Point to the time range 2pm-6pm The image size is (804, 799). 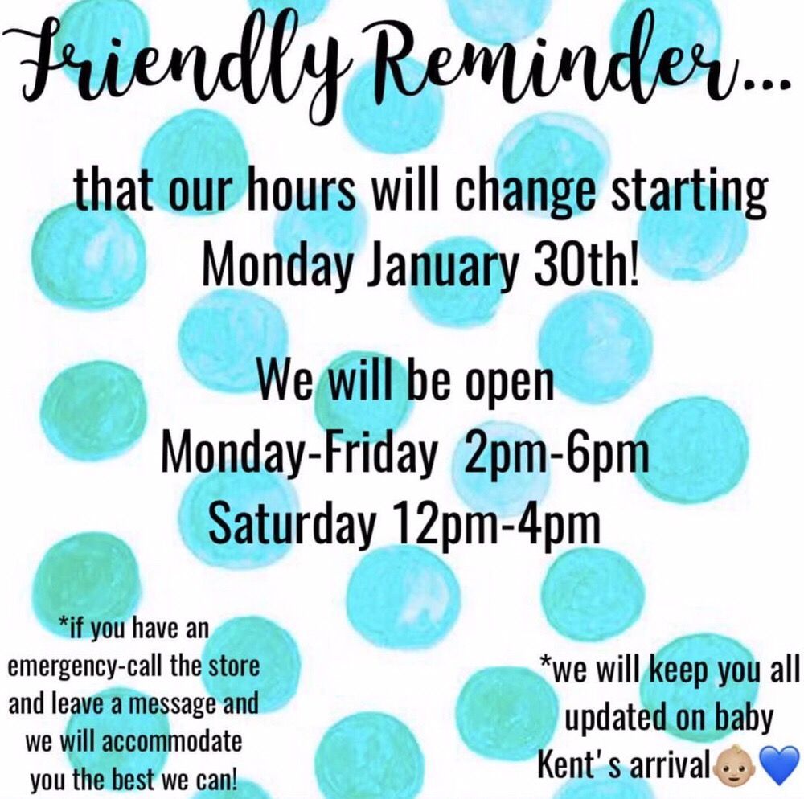tap(556, 453)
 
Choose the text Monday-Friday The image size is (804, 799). tap(297, 453)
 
